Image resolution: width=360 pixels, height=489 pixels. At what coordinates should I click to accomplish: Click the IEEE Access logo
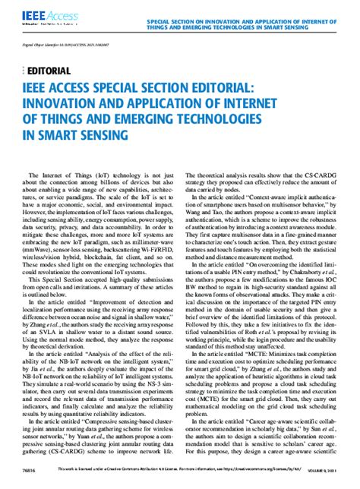(x=33, y=14)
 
